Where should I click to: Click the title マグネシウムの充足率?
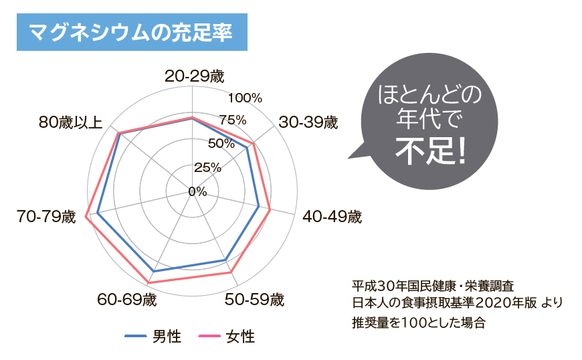coord(131,31)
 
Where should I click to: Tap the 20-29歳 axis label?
coord(194,76)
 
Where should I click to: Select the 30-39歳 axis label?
coord(308,122)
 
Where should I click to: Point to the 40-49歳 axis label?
coord(332,217)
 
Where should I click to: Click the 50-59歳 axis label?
coord(254,299)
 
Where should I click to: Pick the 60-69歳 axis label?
coord(127,299)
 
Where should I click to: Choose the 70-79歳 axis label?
coord(47,217)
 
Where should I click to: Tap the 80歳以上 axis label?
coord(71,122)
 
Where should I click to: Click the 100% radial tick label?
coord(245,98)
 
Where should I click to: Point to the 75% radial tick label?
coord(232,120)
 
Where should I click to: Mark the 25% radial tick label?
coord(207,167)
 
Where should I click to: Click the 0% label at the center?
coord(197,192)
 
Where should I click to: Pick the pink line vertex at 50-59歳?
coord(231,272)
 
